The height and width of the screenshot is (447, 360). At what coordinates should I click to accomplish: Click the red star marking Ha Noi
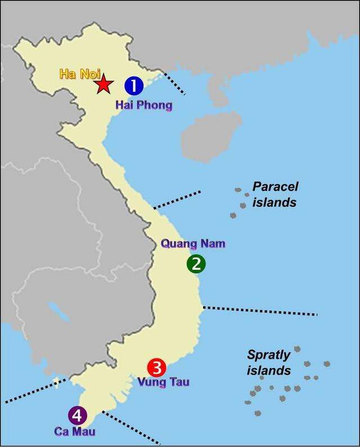pyautogui.click(x=103, y=85)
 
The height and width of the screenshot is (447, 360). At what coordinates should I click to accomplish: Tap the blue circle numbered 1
pyautogui.click(x=134, y=86)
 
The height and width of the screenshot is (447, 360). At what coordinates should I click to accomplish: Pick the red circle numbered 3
pyautogui.click(x=157, y=368)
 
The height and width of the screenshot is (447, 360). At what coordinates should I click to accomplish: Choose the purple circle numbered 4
pyautogui.click(x=77, y=416)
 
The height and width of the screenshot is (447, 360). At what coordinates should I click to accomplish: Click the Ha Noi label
pyautogui.click(x=75, y=74)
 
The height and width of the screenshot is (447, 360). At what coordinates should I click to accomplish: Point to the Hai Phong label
pyautogui.click(x=143, y=105)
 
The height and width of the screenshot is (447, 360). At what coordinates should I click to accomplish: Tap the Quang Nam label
pyautogui.click(x=185, y=244)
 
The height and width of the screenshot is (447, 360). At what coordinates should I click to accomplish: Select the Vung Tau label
pyautogui.click(x=163, y=382)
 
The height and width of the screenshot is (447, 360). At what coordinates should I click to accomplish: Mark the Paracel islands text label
pyautogui.click(x=274, y=194)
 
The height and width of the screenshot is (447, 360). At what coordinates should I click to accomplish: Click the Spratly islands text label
pyautogui.click(x=269, y=363)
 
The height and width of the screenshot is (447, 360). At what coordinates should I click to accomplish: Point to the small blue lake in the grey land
pyautogui.click(x=56, y=311)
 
